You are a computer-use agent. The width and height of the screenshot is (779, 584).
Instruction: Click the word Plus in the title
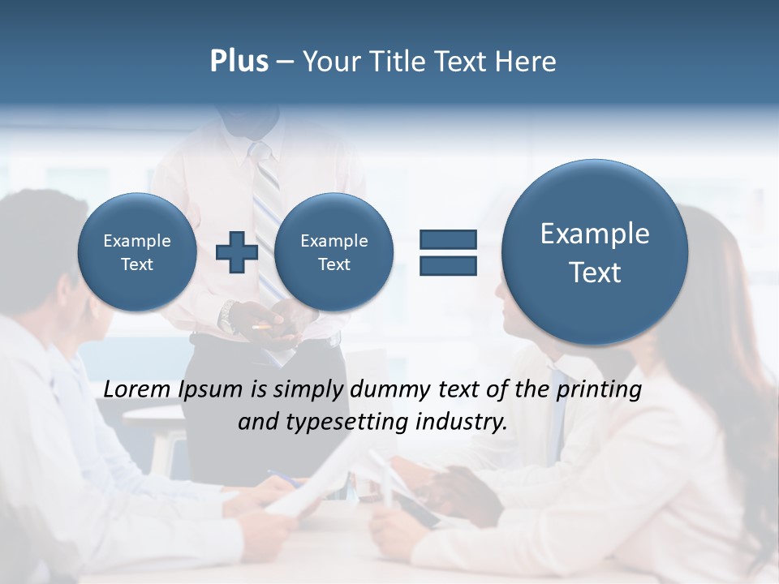pyautogui.click(x=239, y=61)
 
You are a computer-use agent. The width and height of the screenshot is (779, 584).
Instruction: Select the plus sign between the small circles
pyautogui.click(x=236, y=252)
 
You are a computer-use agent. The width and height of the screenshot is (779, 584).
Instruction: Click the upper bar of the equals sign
pyautogui.click(x=448, y=239)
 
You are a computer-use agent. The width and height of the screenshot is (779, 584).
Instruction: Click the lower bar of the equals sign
pyautogui.click(x=448, y=265)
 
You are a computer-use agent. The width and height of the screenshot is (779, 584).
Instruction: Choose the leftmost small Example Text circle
pyautogui.click(x=137, y=252)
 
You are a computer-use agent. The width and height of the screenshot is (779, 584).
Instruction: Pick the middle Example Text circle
pyautogui.click(x=334, y=252)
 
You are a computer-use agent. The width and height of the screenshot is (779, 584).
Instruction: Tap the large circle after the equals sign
pyautogui.click(x=595, y=252)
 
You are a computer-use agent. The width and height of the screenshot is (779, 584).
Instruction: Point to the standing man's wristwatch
pyautogui.click(x=228, y=316)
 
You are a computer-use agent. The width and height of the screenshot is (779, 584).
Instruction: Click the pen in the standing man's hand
pyautogui.click(x=262, y=326)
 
